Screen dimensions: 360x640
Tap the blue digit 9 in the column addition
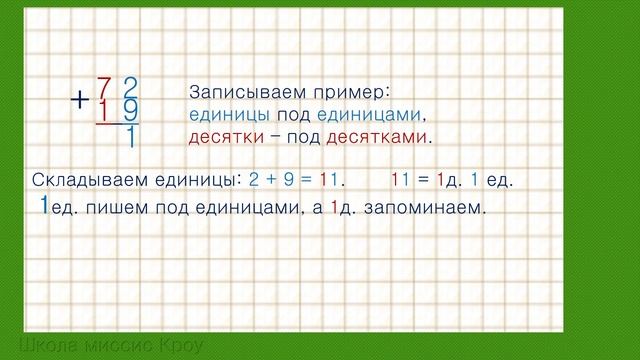tap(130, 108)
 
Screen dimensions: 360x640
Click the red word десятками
tap(384, 135)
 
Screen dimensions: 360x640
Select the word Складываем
tap(85, 180)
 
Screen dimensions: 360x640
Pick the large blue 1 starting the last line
tap(43, 206)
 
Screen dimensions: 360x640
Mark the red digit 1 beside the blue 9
tap(104, 108)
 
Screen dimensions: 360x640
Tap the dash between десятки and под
tap(271, 135)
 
